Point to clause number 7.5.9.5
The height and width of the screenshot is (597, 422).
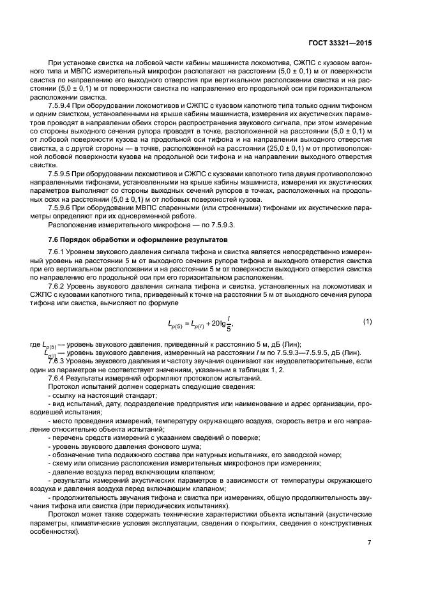coord(62,174)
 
